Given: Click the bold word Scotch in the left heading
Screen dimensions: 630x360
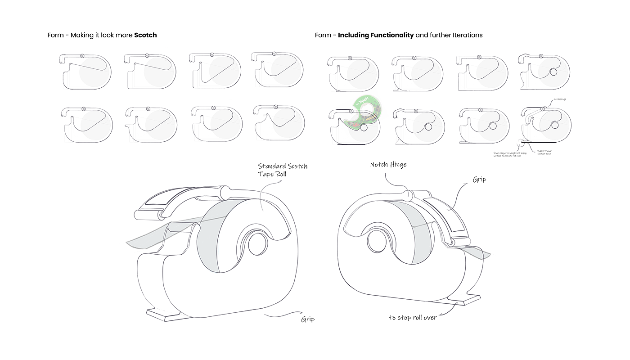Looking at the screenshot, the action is coord(145,35).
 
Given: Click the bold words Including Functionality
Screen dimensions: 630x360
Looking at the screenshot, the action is coord(376,35).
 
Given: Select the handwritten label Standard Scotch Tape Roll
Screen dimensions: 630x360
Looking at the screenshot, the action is coord(282,170).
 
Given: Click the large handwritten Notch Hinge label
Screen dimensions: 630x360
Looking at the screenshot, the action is coord(388,165).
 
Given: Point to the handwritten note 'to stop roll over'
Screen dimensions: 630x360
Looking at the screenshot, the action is coord(413,318).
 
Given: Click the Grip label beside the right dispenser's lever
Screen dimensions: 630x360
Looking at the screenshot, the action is coord(479,180).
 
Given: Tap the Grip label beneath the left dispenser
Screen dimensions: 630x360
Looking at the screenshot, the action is coord(308,319).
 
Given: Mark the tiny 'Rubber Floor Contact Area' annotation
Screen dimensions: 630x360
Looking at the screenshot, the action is coord(544,153).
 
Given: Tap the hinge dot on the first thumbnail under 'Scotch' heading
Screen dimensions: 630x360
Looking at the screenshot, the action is coord(82,55).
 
